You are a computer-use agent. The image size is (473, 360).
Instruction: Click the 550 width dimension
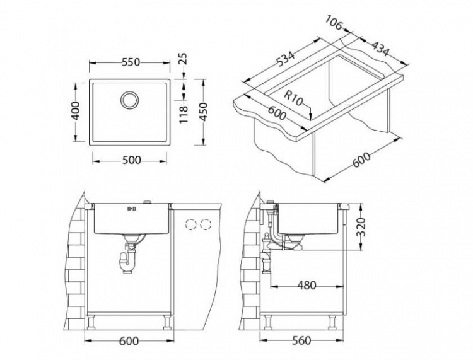click(x=130, y=62)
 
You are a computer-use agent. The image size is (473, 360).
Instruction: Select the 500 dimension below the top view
click(x=131, y=160)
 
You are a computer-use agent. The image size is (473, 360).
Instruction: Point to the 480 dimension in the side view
click(x=306, y=286)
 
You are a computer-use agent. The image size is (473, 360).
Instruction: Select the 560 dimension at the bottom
click(x=302, y=341)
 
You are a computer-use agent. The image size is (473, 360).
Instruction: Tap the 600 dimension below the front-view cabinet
click(x=129, y=341)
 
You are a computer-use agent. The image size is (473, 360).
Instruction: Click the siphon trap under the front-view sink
click(x=126, y=258)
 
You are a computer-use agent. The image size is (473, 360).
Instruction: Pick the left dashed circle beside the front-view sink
click(x=190, y=224)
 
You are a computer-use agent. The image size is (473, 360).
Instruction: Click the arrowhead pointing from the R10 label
click(x=313, y=115)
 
